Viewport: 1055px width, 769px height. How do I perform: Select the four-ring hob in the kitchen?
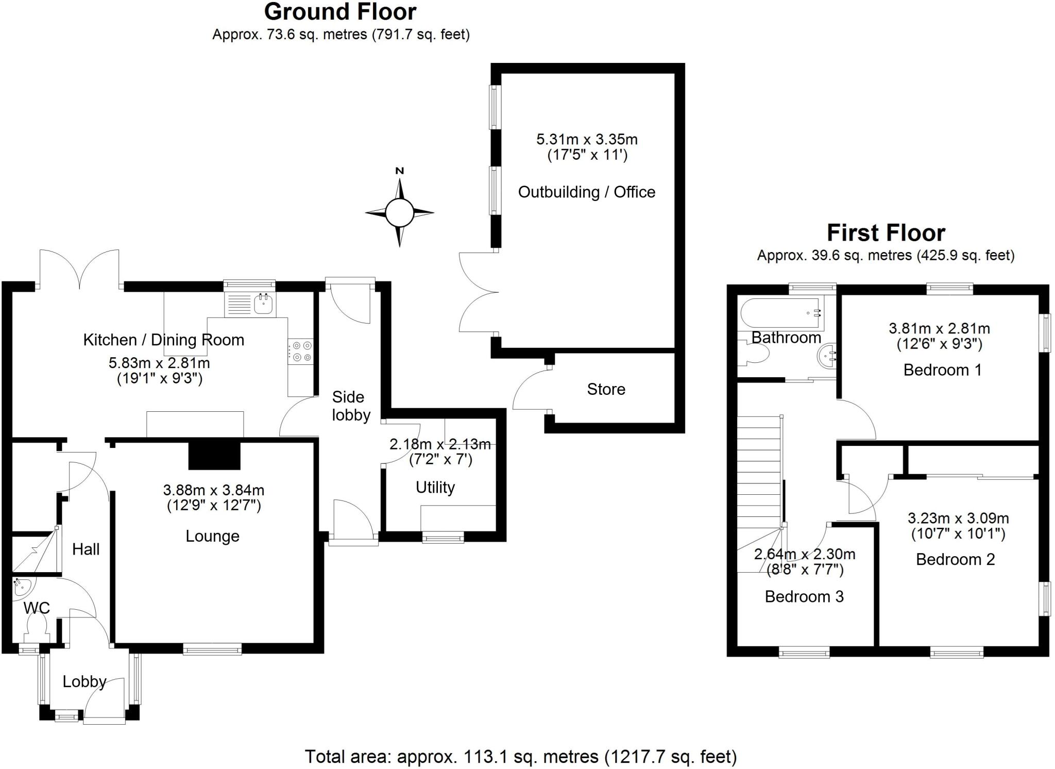(301, 352)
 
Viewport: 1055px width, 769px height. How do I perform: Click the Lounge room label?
(212, 536)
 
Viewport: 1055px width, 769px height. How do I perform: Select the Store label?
(606, 389)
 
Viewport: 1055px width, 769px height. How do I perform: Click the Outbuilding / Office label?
(586, 192)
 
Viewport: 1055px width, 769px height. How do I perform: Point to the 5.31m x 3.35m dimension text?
(587, 139)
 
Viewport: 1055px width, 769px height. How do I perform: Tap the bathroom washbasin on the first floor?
(826, 356)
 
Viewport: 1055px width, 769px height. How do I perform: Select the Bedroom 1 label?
(942, 370)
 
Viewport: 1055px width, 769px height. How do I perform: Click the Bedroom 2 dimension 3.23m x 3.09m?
(958, 518)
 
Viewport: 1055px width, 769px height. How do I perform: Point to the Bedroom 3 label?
(804, 596)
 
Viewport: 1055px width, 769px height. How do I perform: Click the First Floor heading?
(886, 233)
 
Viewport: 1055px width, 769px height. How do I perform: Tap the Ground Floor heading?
(340, 12)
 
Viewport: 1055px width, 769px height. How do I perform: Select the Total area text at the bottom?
(520, 757)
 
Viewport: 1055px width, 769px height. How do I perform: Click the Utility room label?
(435, 487)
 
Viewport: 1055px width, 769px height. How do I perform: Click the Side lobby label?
(350, 406)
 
